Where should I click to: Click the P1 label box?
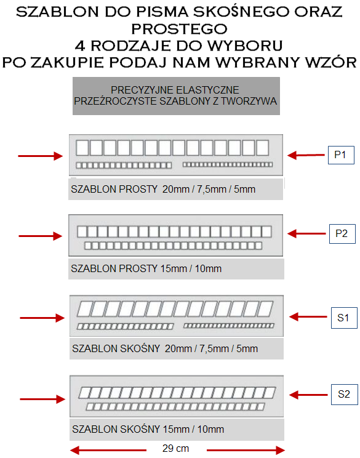pyautogui.click(x=341, y=155)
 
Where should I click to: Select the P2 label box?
pyautogui.click(x=342, y=234)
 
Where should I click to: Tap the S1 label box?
pyautogui.click(x=344, y=318)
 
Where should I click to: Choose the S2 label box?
pyautogui.click(x=344, y=395)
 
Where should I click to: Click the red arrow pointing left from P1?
pyautogui.click(x=306, y=155)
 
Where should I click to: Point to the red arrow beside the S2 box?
pyautogui.click(x=308, y=395)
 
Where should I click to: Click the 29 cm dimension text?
pyautogui.click(x=175, y=448)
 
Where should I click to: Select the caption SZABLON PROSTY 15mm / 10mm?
pyautogui.click(x=146, y=268)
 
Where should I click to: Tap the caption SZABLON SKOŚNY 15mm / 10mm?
pyautogui.click(x=148, y=429)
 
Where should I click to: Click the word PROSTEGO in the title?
pyautogui.click(x=179, y=29)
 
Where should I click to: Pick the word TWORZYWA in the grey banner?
pyautogui.click(x=249, y=101)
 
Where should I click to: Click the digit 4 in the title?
pyautogui.click(x=80, y=46)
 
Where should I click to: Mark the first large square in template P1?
pyautogui.click(x=82, y=148)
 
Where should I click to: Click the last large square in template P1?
pyautogui.click(x=263, y=148)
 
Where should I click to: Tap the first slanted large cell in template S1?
pyautogui.click(x=85, y=309)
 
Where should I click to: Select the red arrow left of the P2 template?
pyautogui.click(x=41, y=236)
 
